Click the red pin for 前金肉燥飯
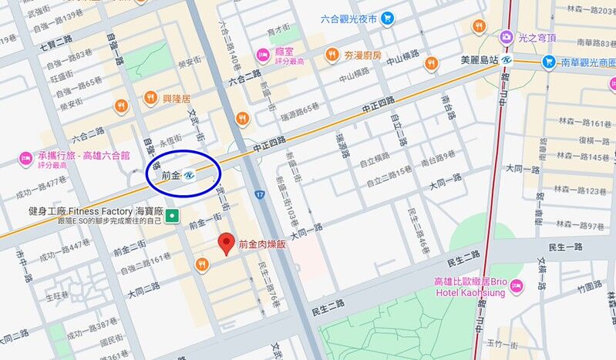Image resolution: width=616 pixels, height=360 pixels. pyautogui.click(x=226, y=242)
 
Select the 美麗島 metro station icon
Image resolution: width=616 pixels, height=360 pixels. pyautogui.click(x=507, y=59)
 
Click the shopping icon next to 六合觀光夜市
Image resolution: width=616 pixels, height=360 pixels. pyautogui.click(x=387, y=19)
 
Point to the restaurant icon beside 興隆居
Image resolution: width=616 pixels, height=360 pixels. pyautogui.click(x=151, y=97)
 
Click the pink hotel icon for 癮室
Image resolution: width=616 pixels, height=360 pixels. pyautogui.click(x=263, y=52)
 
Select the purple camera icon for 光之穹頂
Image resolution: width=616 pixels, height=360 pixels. pyautogui.click(x=507, y=35)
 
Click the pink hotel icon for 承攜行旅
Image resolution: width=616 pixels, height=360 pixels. pyautogui.click(x=25, y=158)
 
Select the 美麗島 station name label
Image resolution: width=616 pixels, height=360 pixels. pyautogui.click(x=479, y=59)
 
